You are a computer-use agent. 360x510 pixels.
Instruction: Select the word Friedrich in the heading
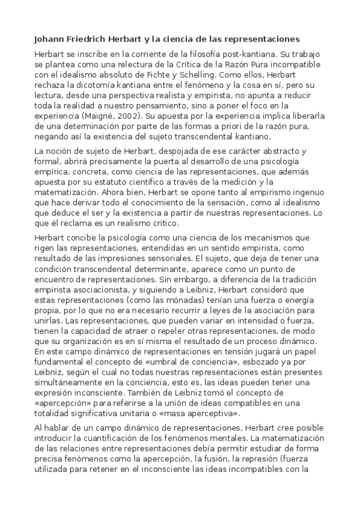tap(93, 39)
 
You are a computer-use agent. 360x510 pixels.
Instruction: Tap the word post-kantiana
tap(256, 54)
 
